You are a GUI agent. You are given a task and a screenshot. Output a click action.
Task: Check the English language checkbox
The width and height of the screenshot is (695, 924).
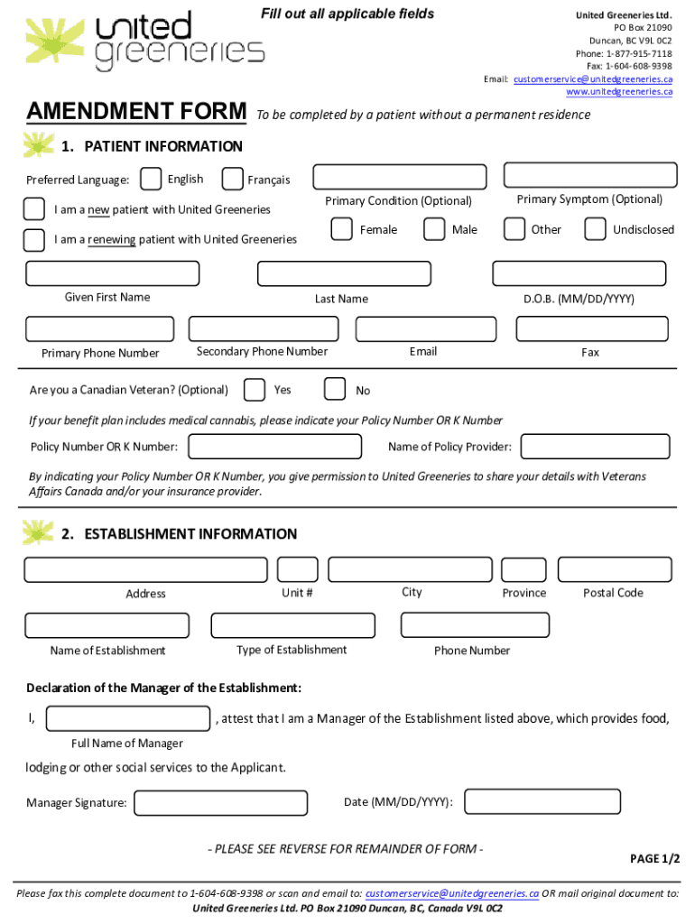(152, 180)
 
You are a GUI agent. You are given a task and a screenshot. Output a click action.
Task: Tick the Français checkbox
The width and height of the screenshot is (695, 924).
(232, 180)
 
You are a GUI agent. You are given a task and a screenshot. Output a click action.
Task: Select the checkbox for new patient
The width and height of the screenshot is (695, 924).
(33, 209)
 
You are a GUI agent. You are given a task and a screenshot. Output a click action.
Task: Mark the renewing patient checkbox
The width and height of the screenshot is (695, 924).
(33, 240)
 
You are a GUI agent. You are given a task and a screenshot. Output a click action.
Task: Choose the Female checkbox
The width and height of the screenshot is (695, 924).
(341, 229)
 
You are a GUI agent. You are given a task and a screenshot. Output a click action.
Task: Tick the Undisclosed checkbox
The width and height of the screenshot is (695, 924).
(595, 229)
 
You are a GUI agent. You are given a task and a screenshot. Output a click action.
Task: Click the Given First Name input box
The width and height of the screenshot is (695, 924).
(113, 273)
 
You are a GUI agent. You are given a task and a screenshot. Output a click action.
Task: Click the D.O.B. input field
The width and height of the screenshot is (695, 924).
(579, 273)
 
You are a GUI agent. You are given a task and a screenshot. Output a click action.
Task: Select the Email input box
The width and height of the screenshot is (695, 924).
(426, 329)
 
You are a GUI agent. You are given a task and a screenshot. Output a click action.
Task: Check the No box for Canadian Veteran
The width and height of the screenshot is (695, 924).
(334, 389)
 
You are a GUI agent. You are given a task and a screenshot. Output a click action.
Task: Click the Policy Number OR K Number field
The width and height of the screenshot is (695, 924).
(274, 447)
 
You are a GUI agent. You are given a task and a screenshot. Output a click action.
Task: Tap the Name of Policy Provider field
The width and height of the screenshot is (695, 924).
(596, 447)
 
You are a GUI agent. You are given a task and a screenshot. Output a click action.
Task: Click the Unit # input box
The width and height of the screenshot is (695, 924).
(298, 569)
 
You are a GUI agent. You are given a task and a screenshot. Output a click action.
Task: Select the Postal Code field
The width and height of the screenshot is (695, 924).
(615, 569)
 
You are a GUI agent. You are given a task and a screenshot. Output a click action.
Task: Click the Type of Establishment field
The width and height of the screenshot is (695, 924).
(292, 625)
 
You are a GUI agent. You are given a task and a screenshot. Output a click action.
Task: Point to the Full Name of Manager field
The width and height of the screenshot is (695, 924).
(128, 718)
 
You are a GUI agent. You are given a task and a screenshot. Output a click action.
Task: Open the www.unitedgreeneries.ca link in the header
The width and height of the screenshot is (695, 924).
(619, 91)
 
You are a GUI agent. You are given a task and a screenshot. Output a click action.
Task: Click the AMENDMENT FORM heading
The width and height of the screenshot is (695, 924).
(136, 112)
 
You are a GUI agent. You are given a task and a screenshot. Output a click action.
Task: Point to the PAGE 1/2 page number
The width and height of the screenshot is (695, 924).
(654, 858)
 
